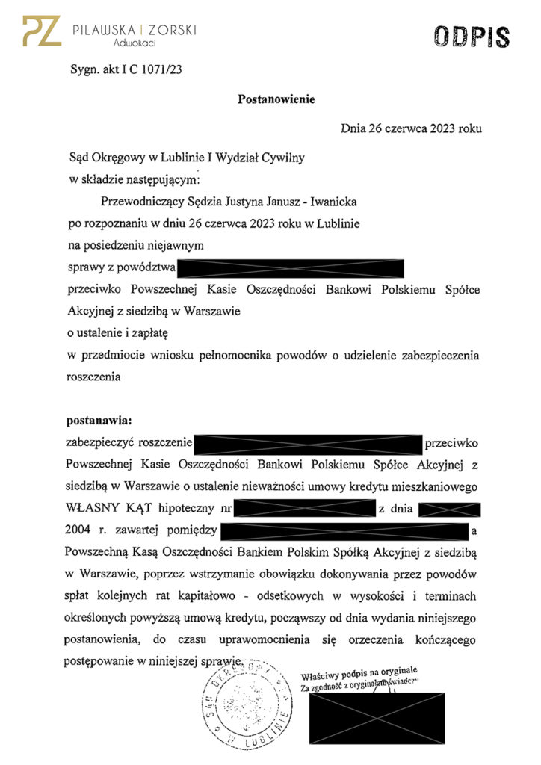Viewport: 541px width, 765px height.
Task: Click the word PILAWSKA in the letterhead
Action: (104, 29)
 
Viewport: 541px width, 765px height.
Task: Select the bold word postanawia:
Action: (99, 421)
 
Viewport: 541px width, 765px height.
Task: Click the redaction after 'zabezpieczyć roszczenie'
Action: (309, 444)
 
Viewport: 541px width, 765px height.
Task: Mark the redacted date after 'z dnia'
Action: (449, 510)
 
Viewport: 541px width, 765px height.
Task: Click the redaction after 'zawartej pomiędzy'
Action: (344, 532)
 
